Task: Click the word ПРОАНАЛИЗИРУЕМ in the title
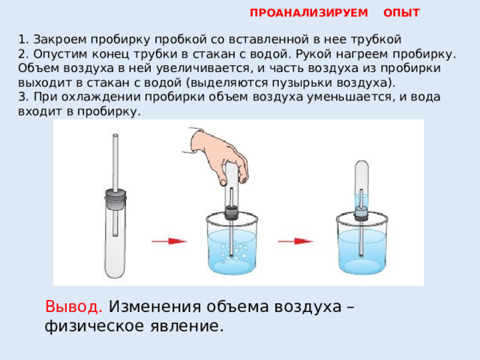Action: point(308,13)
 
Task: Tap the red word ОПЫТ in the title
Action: point(401,13)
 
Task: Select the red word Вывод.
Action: point(73,307)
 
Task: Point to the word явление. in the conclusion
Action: point(187,326)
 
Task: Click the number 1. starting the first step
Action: point(23,40)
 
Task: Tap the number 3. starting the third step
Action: point(23,97)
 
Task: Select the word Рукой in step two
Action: point(310,54)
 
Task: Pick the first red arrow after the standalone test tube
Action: point(169,241)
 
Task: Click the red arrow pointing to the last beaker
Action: point(295,241)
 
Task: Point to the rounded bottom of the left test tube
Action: point(115,271)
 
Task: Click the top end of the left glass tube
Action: point(115,135)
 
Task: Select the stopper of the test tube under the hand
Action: point(232,213)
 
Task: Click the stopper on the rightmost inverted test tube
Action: point(361,214)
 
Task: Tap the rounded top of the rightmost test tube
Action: point(361,164)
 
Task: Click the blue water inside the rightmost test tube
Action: point(361,201)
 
